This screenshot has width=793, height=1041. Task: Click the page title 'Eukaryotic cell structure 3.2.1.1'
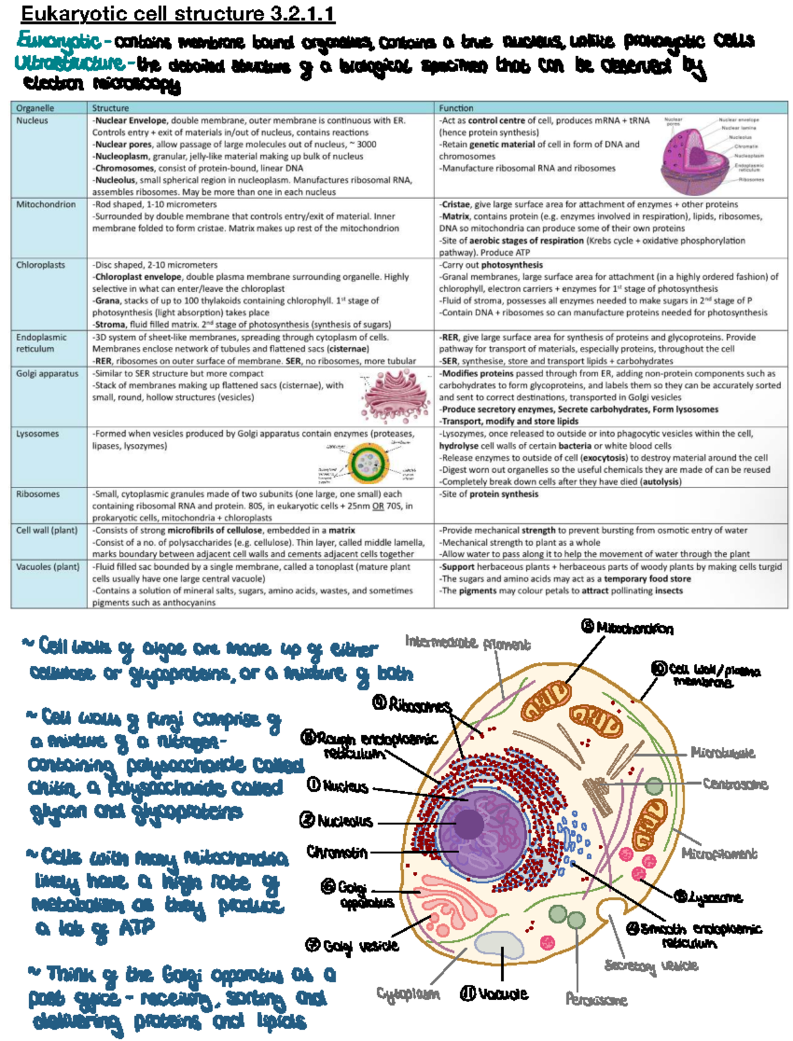click(x=178, y=13)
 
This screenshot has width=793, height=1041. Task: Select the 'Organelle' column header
click(x=35, y=108)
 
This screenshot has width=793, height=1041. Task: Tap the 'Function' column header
click(x=456, y=108)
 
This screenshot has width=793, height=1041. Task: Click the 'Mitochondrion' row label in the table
click(x=46, y=205)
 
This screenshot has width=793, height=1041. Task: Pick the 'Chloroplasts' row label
click(x=41, y=265)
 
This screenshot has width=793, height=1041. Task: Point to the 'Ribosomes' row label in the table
click(x=38, y=494)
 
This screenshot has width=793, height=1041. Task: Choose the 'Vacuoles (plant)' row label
click(x=48, y=567)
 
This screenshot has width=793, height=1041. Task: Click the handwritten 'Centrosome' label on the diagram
click(x=735, y=784)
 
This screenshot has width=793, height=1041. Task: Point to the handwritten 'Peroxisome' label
click(x=596, y=999)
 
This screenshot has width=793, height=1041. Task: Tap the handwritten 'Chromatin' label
click(x=337, y=852)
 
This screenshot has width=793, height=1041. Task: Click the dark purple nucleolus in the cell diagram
click(x=470, y=824)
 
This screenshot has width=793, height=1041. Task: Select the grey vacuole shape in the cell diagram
click(x=500, y=945)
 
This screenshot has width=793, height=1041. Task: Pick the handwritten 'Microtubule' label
click(x=722, y=752)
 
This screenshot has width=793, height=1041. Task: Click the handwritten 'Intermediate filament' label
click(x=467, y=643)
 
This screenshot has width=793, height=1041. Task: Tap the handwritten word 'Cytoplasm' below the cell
click(x=408, y=993)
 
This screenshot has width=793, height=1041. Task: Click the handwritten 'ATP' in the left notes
click(x=137, y=927)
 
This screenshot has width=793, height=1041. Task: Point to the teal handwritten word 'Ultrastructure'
click(x=69, y=63)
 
